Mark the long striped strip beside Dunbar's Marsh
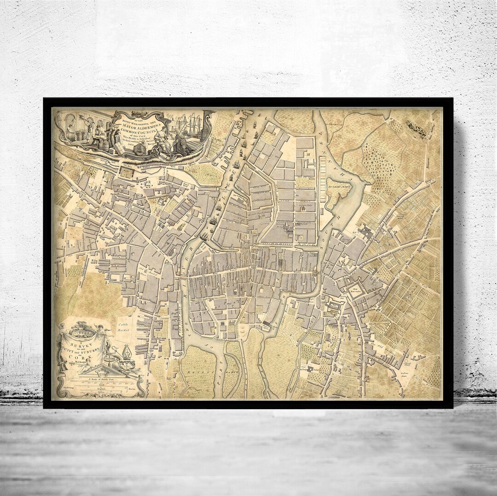coord(322,179)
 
